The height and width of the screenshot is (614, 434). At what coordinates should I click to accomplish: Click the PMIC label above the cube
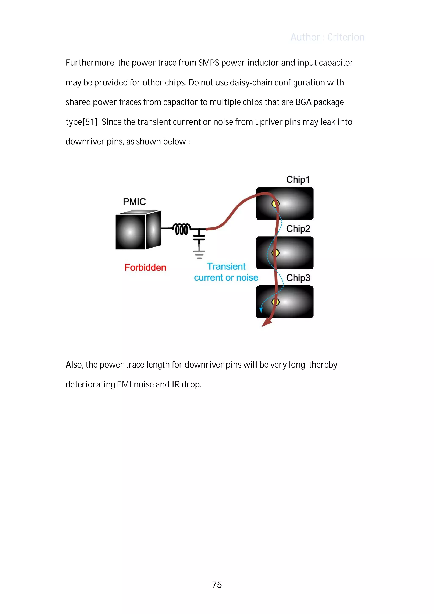(x=134, y=202)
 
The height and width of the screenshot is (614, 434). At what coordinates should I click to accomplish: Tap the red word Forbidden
(x=145, y=267)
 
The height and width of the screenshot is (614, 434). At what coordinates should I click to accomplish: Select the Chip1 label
(x=298, y=180)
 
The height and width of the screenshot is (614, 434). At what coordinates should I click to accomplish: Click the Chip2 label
(x=298, y=229)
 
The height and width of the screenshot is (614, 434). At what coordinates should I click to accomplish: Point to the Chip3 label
(x=298, y=278)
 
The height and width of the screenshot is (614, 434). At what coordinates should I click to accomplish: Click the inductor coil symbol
(x=182, y=229)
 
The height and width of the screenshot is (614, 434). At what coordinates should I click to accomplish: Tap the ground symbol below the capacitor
(x=199, y=254)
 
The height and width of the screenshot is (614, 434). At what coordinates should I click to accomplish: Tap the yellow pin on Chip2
(x=275, y=253)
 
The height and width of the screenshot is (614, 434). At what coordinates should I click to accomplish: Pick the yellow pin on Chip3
(x=275, y=302)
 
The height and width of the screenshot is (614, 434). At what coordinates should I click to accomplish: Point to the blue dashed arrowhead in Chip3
(x=261, y=310)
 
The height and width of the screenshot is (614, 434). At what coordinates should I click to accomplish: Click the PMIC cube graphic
(x=138, y=230)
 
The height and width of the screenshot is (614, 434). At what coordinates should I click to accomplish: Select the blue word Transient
(x=226, y=266)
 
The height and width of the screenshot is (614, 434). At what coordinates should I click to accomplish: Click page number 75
(x=217, y=585)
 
